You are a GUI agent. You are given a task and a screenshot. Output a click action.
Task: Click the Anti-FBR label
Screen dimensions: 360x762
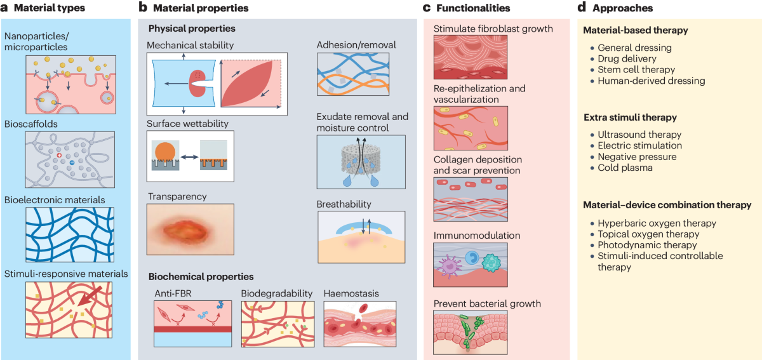pyautogui.click(x=171, y=293)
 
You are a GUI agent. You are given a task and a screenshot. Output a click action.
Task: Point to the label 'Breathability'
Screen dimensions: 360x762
pyautogui.click(x=344, y=204)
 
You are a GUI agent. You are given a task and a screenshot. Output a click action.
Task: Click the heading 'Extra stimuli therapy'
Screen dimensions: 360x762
pyautogui.click(x=629, y=118)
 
